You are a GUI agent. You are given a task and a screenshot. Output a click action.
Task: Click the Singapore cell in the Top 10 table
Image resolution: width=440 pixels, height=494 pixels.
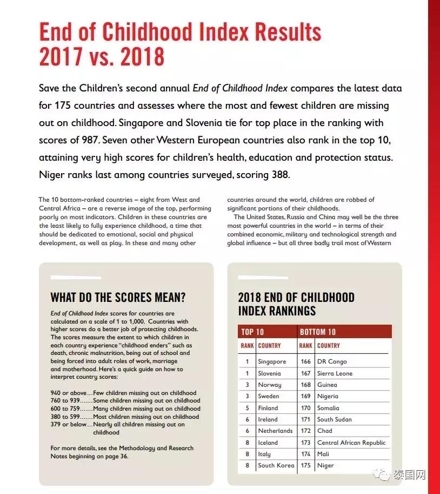(272, 361)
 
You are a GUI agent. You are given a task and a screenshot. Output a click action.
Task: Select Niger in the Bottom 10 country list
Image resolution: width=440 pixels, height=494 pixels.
(325, 465)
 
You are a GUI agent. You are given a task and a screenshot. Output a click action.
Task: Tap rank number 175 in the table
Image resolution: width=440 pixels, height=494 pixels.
(305, 465)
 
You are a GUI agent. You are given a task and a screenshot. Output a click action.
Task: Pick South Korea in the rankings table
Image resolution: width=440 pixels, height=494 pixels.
(276, 465)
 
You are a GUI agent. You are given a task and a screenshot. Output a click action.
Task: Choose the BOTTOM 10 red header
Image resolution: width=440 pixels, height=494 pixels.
(318, 332)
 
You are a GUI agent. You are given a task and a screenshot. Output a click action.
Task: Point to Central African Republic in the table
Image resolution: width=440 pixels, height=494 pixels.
(351, 443)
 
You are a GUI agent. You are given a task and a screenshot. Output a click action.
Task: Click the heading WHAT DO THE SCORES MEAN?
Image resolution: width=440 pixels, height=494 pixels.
(118, 297)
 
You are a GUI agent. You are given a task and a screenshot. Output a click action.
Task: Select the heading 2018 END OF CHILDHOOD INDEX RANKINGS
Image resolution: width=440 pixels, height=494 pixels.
(296, 304)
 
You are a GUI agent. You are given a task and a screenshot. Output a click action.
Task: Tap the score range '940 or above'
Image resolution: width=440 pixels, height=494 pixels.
(69, 393)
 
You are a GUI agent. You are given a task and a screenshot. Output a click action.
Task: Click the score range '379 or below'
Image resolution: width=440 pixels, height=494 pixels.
(69, 425)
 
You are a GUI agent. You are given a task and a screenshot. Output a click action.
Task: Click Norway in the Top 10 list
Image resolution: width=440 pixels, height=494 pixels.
(270, 385)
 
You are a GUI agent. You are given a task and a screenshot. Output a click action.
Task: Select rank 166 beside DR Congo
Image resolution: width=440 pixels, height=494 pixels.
(305, 361)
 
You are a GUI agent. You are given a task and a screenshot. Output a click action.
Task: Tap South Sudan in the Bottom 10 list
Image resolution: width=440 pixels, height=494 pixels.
(334, 419)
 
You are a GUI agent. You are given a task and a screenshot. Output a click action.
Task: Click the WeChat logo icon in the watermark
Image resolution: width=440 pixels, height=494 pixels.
(384, 476)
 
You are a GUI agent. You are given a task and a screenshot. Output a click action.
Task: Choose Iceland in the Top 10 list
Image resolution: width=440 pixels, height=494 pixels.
(268, 443)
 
